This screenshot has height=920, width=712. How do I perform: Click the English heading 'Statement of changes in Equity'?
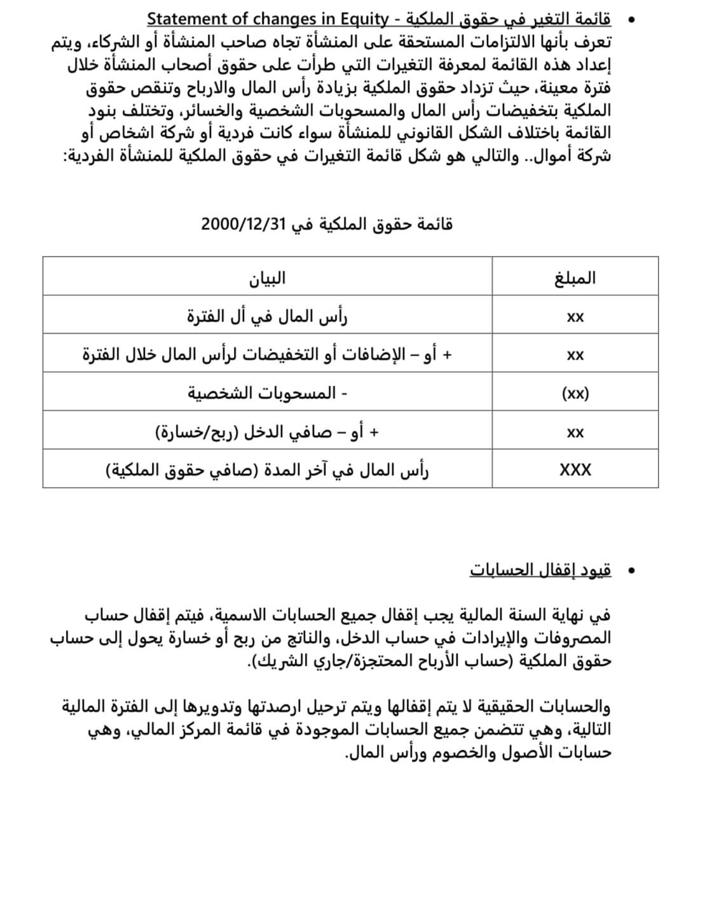point(267,19)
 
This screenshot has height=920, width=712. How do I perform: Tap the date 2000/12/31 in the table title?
point(242,224)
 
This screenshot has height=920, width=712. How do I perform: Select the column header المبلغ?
point(575,278)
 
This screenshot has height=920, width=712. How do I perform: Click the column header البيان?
point(267,278)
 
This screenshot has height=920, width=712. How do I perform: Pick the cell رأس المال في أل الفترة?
point(267,316)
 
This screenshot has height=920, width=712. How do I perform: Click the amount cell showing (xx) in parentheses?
point(575,393)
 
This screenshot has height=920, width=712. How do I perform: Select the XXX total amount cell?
point(575,470)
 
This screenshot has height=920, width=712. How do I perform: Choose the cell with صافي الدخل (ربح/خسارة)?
point(267,432)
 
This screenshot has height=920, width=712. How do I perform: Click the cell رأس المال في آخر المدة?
point(267,471)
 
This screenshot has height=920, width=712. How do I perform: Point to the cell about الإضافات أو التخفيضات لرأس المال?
point(267,355)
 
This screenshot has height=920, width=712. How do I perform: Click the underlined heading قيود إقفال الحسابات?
point(540,570)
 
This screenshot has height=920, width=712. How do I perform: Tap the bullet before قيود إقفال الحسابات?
point(631,571)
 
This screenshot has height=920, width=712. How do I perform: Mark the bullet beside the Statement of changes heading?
point(631,20)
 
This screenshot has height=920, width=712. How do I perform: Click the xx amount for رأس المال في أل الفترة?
point(575,316)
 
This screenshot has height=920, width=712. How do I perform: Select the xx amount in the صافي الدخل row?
point(575,433)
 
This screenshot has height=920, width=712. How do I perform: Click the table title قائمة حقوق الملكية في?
point(372,224)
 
